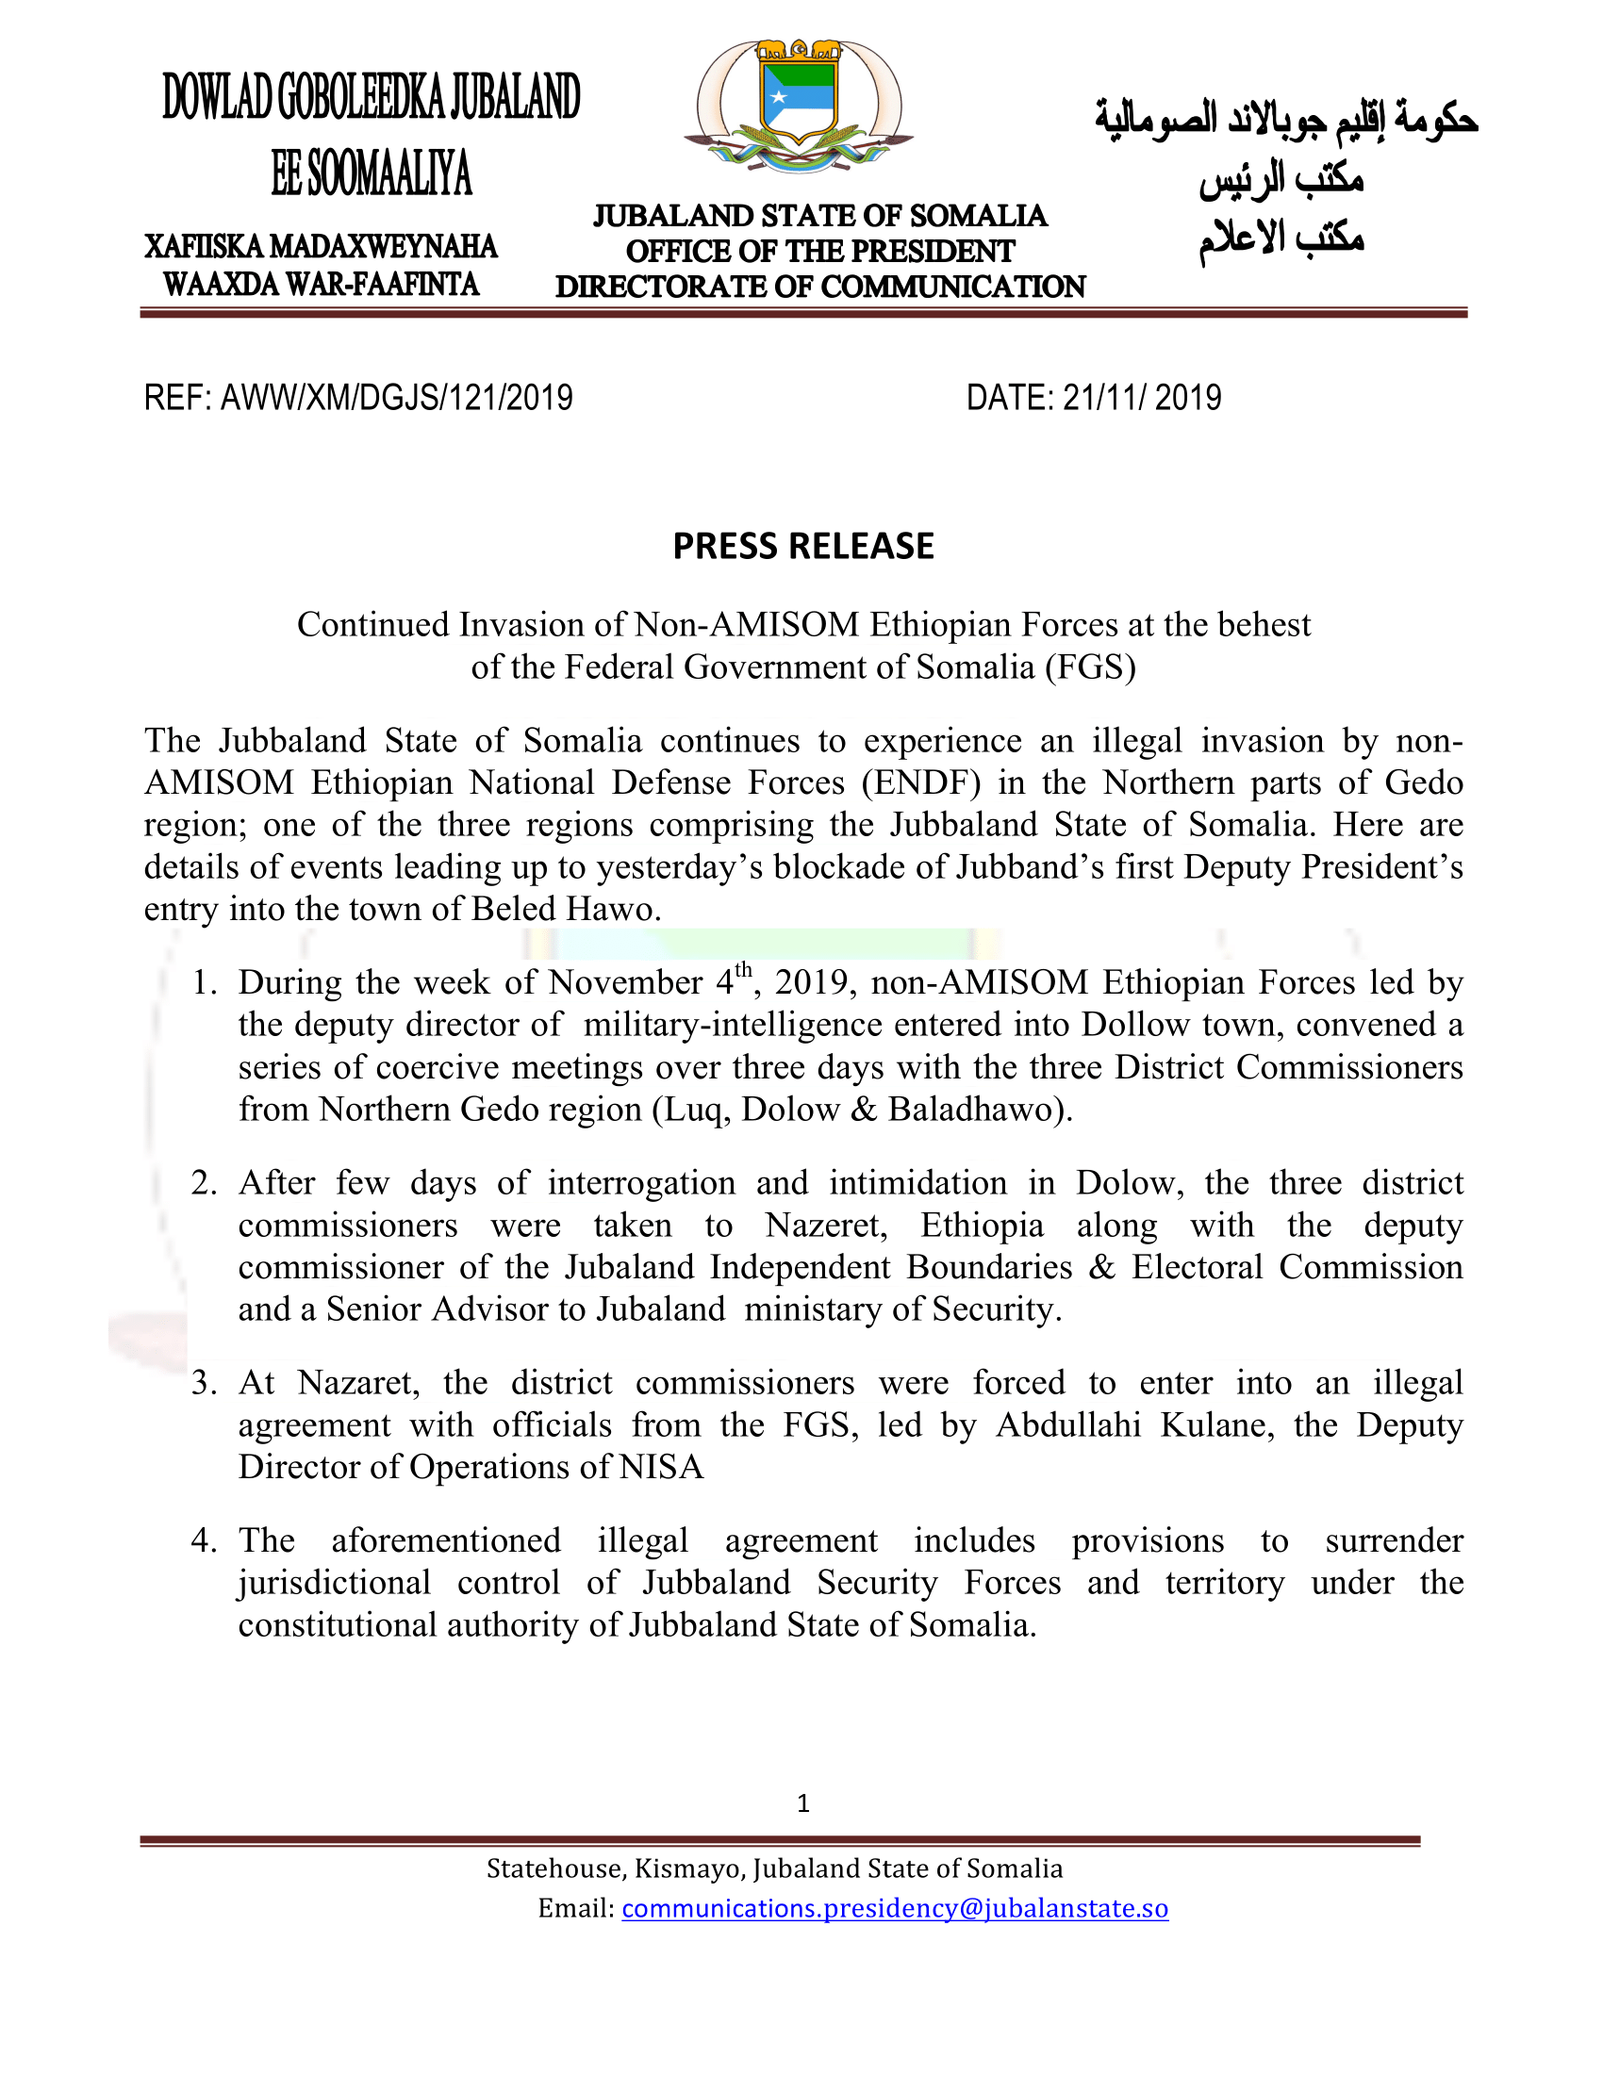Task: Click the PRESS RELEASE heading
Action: coord(803,547)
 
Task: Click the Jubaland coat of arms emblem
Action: coord(799,106)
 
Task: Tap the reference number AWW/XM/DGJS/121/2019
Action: coord(397,398)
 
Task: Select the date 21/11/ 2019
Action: coord(1142,398)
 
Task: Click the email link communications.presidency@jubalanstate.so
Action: coord(895,1909)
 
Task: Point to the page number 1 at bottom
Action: coord(803,1803)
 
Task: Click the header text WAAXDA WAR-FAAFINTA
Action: coord(321,285)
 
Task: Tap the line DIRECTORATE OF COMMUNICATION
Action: coord(820,287)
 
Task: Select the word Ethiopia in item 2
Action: coord(982,1225)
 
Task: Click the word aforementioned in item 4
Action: coord(446,1540)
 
